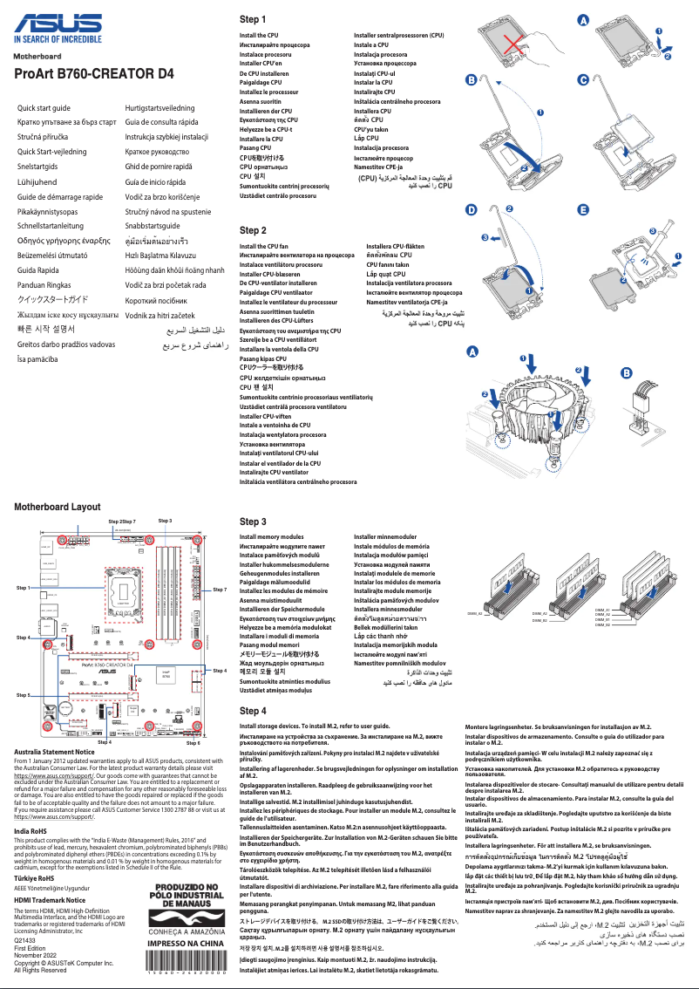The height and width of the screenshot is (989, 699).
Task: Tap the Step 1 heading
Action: (253, 19)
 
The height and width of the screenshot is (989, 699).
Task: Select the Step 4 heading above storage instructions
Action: (253, 711)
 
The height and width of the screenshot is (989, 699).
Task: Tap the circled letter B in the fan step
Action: (625, 373)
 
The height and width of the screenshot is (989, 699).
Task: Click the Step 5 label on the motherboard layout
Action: (24, 695)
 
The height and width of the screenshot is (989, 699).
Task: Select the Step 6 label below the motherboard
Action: (193, 742)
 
